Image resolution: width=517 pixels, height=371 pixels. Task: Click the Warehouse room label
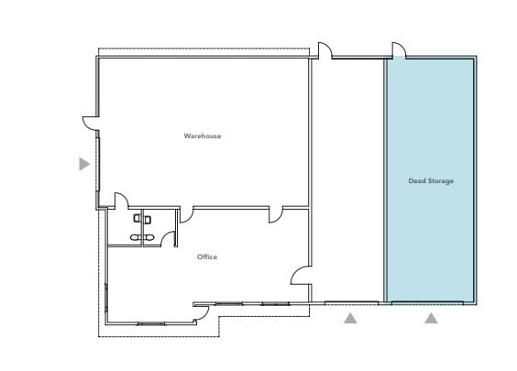pyautogui.click(x=202, y=136)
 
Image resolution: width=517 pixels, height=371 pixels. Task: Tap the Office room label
pyautogui.click(x=207, y=256)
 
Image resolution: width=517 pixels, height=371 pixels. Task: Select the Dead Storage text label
pyautogui.click(x=430, y=180)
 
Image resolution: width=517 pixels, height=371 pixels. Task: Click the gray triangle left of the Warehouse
pyautogui.click(x=84, y=164)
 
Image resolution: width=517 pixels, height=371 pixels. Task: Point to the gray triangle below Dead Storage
pyautogui.click(x=431, y=319)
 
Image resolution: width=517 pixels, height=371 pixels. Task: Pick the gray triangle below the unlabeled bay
pyautogui.click(x=349, y=319)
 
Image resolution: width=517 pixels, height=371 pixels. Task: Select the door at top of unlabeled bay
pyautogui.click(x=324, y=49)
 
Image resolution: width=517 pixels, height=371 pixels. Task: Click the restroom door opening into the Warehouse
pyautogui.click(x=120, y=201)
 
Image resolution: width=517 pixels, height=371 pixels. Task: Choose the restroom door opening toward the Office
pyautogui.click(x=169, y=238)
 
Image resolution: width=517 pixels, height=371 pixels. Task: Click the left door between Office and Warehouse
pyautogui.click(x=186, y=215)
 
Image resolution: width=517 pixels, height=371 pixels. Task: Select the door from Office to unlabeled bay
pyautogui.click(x=301, y=274)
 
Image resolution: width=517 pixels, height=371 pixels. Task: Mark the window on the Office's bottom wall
pyautogui.click(x=150, y=323)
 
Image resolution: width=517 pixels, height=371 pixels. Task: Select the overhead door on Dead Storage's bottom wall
pyautogui.click(x=430, y=301)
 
